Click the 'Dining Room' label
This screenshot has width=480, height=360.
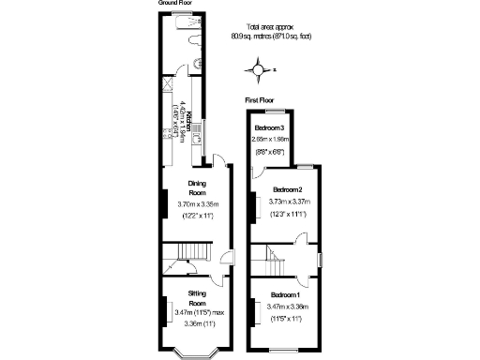[196, 188]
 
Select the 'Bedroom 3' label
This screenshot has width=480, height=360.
[271, 127]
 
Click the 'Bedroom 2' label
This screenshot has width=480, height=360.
[282, 189]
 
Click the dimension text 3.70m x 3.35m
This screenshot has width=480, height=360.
[197, 202]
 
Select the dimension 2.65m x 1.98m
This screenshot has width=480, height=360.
[271, 138]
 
